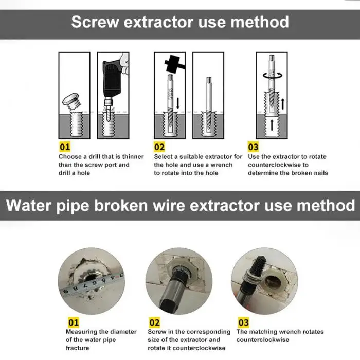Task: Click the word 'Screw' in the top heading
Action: tap(95, 22)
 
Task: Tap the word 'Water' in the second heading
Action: tap(29, 205)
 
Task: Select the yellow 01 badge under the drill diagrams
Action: tap(64, 147)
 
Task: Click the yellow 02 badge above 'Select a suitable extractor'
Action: tap(159, 147)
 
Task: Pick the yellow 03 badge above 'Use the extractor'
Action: tap(253, 147)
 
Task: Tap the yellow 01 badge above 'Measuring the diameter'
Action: tap(74, 322)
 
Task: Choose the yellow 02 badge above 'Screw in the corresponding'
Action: tap(154, 322)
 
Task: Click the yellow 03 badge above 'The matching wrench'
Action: tap(243, 322)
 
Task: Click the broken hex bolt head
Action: tap(71, 100)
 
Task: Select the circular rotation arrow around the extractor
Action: tap(272, 75)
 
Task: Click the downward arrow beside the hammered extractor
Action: tap(178, 103)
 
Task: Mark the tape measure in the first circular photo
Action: tap(93, 284)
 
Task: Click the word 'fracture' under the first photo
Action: tap(77, 348)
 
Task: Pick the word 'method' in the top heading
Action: tap(260, 22)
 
